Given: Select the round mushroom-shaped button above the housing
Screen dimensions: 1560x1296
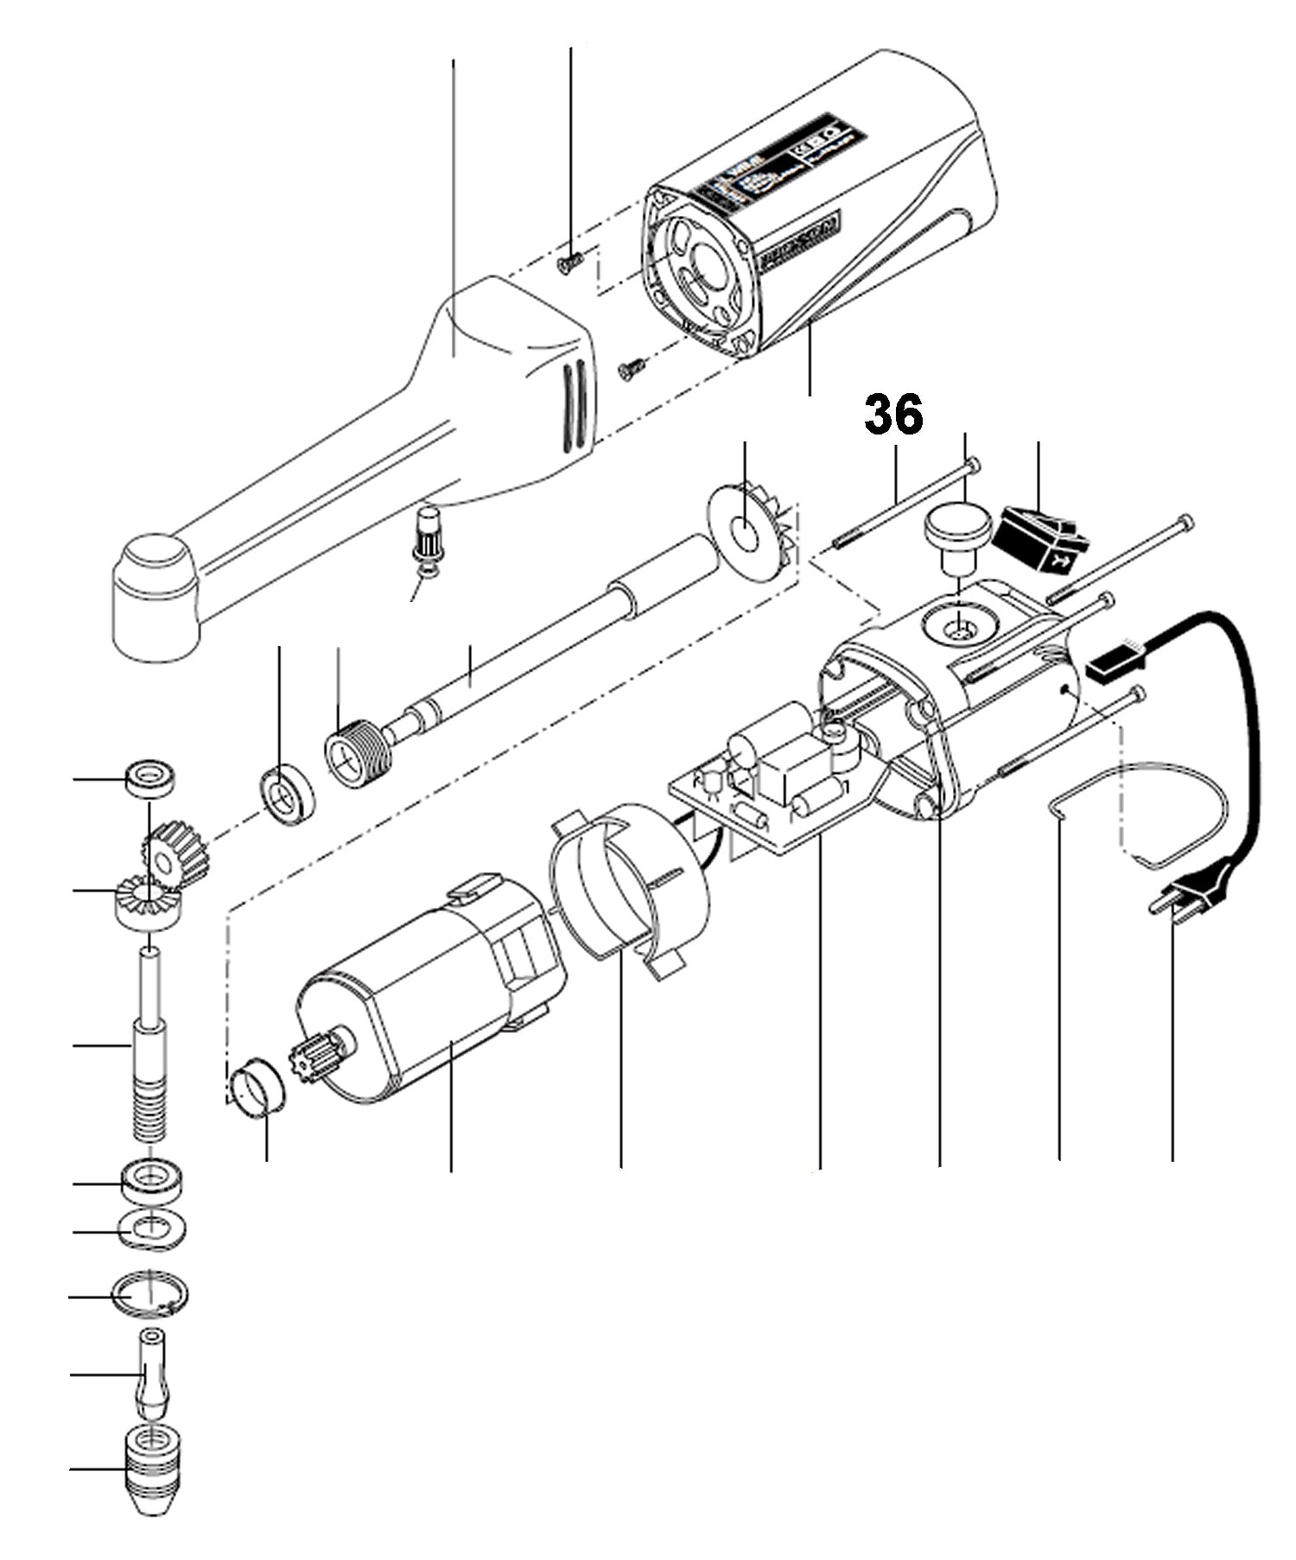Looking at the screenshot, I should [956, 534].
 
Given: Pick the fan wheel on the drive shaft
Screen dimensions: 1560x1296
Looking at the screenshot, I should [748, 527].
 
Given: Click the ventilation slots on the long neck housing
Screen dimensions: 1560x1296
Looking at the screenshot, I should [573, 405].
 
